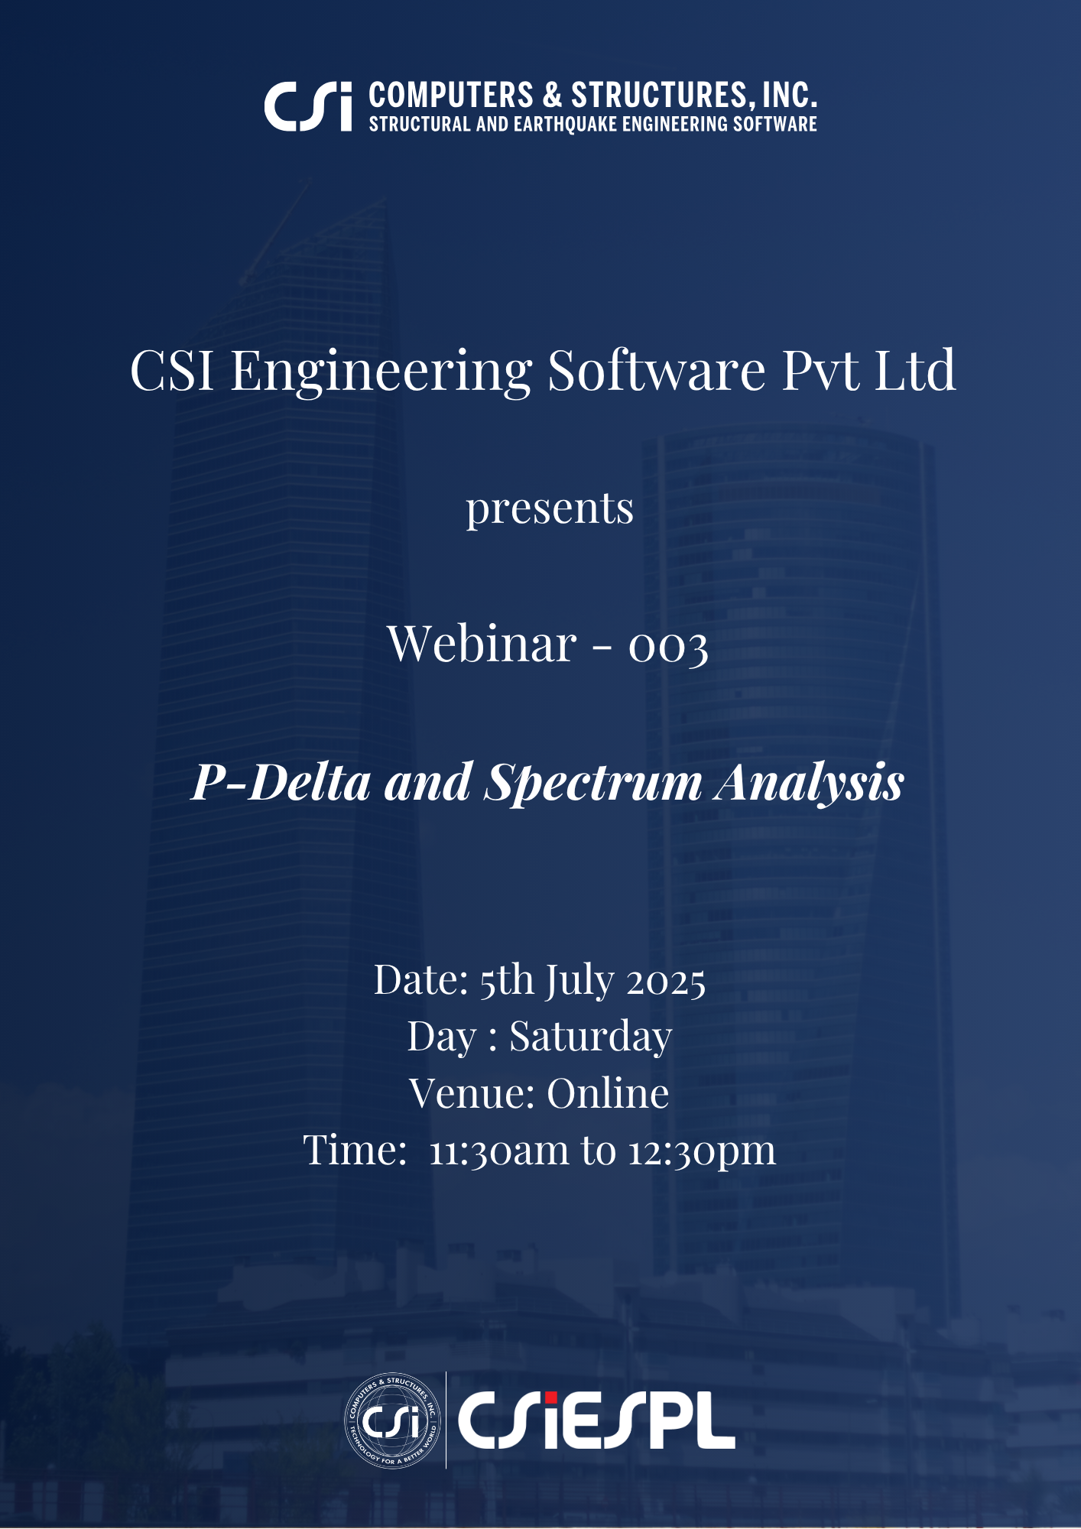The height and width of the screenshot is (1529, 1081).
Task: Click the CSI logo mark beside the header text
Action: coord(308,106)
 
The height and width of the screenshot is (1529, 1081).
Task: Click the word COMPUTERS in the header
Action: coord(451,96)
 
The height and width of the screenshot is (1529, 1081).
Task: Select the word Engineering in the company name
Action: coord(381,372)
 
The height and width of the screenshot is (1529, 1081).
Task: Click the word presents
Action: coord(550,509)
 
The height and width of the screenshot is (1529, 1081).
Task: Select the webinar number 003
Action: coord(668,647)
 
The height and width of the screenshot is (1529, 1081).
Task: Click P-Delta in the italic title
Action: coord(281,782)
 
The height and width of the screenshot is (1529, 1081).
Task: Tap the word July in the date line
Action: coord(579,982)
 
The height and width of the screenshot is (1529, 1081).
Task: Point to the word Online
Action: coord(608,1093)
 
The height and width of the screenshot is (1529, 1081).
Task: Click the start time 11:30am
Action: coord(499,1151)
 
